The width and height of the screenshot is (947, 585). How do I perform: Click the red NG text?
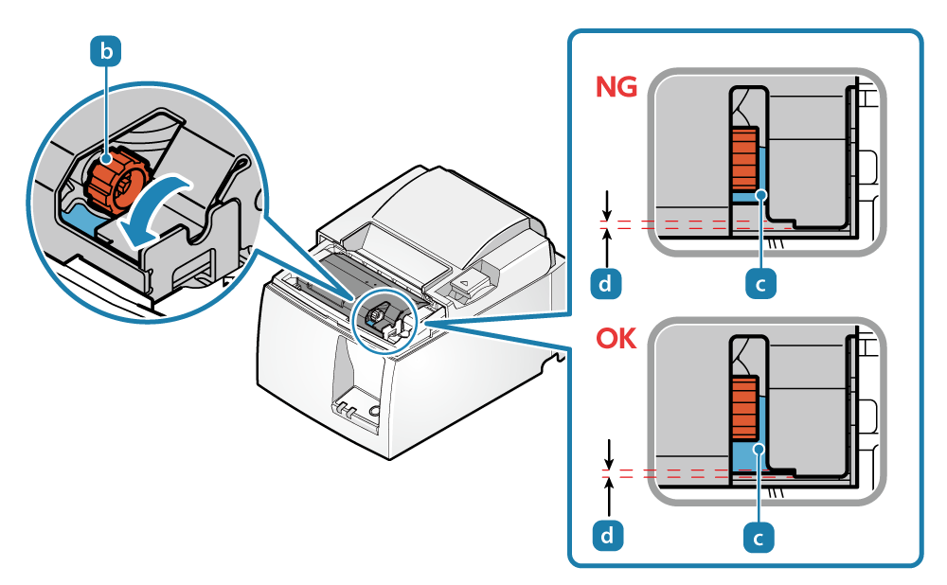(616, 88)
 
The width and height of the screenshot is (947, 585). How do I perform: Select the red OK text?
(616, 338)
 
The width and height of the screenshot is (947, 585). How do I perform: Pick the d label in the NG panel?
(605, 282)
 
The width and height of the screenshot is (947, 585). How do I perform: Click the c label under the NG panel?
(759, 282)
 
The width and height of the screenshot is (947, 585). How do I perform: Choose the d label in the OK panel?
(606, 536)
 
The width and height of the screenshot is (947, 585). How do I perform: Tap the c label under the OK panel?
(758, 537)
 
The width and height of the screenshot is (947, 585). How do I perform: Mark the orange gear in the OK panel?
(744, 408)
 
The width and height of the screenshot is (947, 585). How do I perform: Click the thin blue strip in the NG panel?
(747, 196)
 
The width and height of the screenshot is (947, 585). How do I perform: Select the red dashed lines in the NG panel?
(663, 225)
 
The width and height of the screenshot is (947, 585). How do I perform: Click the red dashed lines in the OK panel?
(663, 472)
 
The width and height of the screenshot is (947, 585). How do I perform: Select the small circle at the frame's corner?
(914, 551)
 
